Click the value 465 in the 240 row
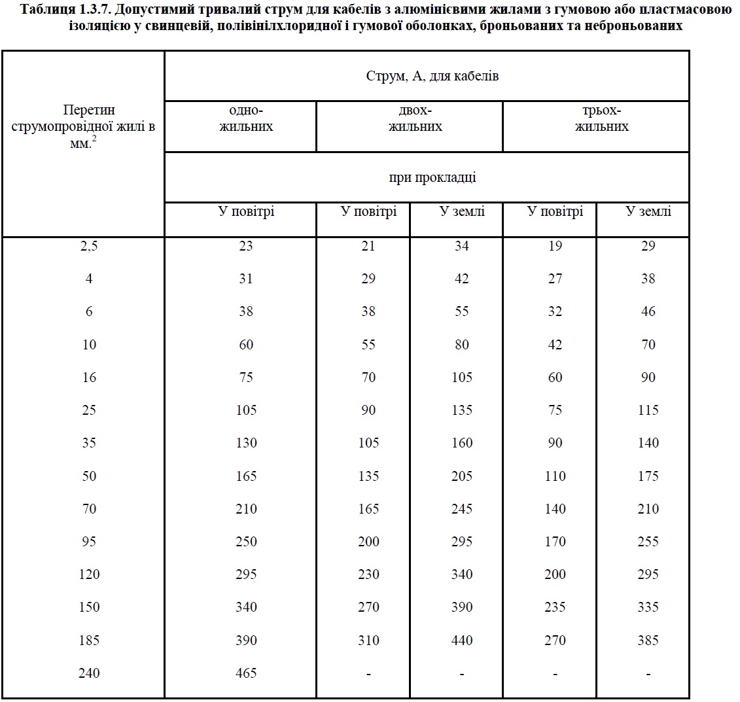coord(246,673)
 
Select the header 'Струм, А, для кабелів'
coord(432,76)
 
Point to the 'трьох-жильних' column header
coord(601,118)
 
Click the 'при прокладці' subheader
coord(432,177)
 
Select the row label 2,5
coord(89,246)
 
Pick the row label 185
coord(89,640)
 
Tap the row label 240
coord(89,673)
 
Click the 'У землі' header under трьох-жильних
coord(648,212)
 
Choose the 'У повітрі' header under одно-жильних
coord(246,212)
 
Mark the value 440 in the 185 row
coord(462,640)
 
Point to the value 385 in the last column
coord(648,640)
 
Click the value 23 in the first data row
coord(246,246)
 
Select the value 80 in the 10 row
coord(462,344)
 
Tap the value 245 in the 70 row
coord(462,508)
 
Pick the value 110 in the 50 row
coord(555,476)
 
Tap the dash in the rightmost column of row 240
coord(648,673)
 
